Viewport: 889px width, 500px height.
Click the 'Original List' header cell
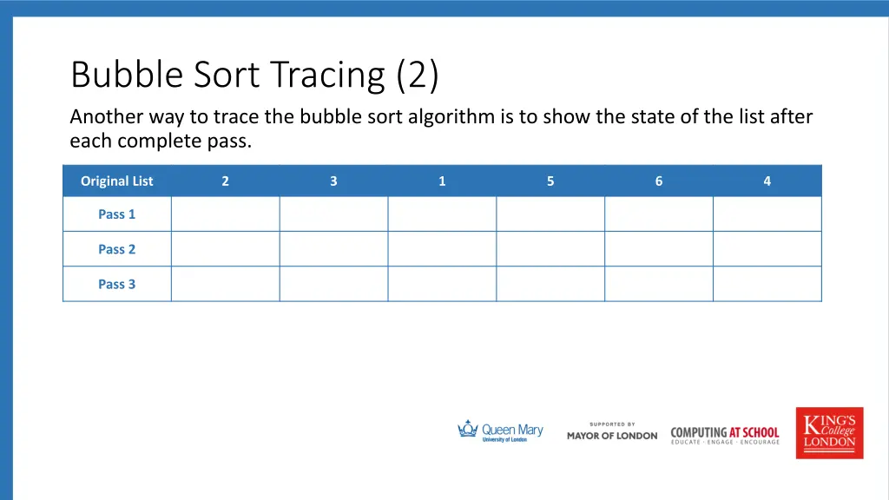tap(116, 181)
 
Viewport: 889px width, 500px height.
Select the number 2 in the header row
tap(225, 181)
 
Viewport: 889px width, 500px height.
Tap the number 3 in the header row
tap(333, 181)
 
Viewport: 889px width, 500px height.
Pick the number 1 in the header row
tap(442, 181)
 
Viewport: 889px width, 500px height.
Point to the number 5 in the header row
tap(550, 181)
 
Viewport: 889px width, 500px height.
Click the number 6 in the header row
tap(659, 181)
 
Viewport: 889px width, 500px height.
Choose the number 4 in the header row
tap(767, 181)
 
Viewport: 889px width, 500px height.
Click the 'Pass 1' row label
tap(116, 214)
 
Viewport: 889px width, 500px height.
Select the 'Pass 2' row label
tap(116, 249)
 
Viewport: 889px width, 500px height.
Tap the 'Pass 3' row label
tap(116, 284)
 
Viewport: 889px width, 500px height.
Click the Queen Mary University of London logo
tap(500, 431)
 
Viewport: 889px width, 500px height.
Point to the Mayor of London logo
tap(612, 431)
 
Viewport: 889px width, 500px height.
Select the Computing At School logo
tap(725, 434)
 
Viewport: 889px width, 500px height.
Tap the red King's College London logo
tap(829, 432)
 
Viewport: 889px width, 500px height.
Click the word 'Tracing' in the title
tap(327, 76)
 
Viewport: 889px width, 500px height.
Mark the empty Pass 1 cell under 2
tap(225, 214)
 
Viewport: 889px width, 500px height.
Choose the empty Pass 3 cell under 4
tap(767, 284)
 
